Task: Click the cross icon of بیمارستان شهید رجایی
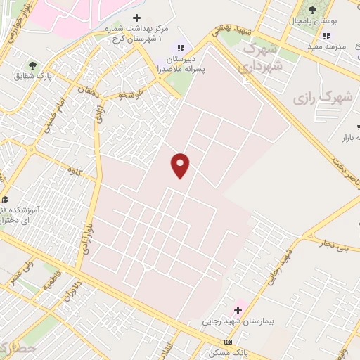pyautogui.click(x=240, y=309)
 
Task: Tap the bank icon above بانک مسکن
pyautogui.click(x=226, y=341)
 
